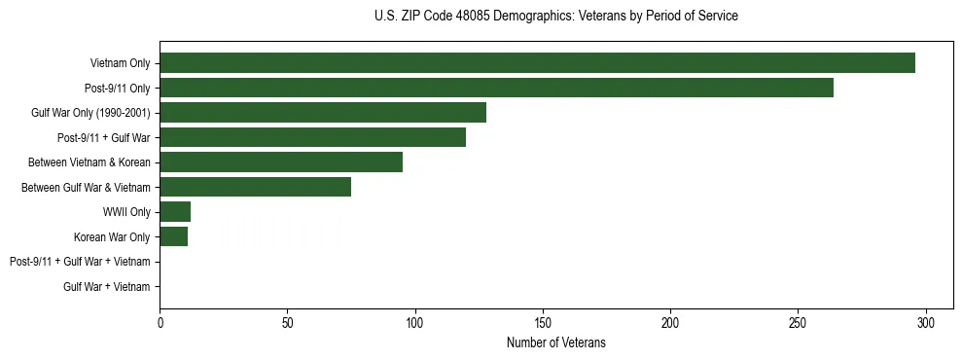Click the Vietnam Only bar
pyautogui.click(x=537, y=63)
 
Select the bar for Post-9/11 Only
pyautogui.click(x=496, y=88)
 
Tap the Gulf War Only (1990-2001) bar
pyautogui.click(x=323, y=113)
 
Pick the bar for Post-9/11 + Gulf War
pyautogui.click(x=312, y=137)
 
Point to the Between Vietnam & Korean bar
pyautogui.click(x=281, y=162)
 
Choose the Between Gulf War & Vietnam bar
pyautogui.click(x=255, y=187)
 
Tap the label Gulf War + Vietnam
pyautogui.click(x=106, y=287)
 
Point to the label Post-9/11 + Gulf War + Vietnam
pyautogui.click(x=80, y=262)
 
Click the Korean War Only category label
pyautogui.click(x=112, y=236)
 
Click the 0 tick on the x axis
pyautogui.click(x=160, y=322)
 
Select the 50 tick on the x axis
pyautogui.click(x=287, y=322)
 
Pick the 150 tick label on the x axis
pyautogui.click(x=543, y=322)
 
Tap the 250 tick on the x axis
pyautogui.click(x=798, y=322)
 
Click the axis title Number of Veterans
pyautogui.click(x=555, y=342)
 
